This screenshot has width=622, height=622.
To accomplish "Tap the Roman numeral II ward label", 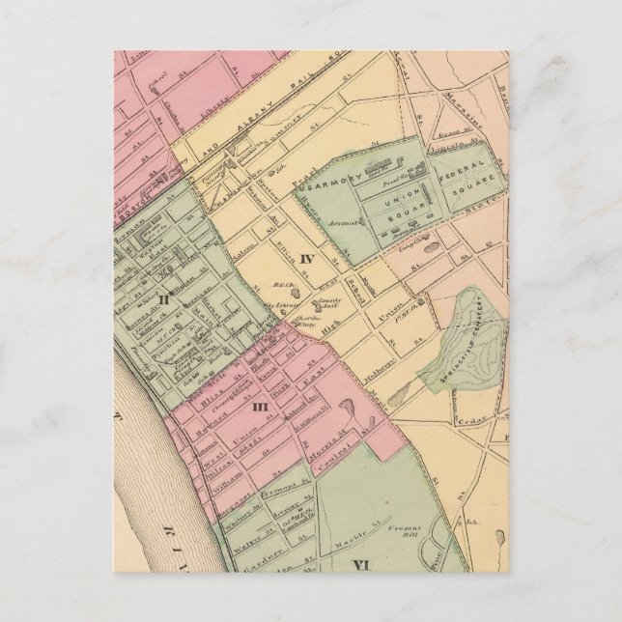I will (165, 298).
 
